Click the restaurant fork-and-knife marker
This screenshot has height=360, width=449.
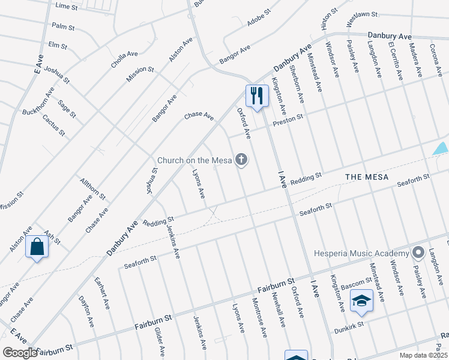point(256,95)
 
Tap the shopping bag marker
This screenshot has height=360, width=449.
point(37,246)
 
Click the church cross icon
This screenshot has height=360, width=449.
point(241,160)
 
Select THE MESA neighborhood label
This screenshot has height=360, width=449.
point(367,178)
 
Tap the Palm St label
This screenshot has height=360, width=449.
point(63,27)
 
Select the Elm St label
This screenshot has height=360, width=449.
point(58,45)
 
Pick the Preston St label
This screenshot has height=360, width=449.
point(289,122)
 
